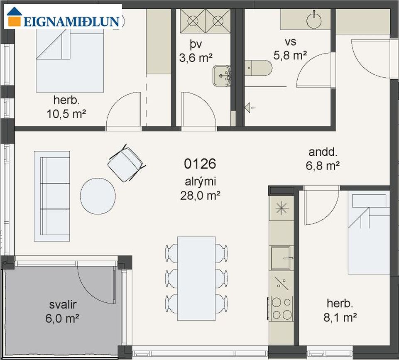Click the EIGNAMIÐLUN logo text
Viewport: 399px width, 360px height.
(x=71, y=22)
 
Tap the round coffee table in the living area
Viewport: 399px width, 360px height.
(x=98, y=196)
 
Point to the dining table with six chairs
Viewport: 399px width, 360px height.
(x=196, y=279)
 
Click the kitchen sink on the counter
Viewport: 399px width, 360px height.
(x=281, y=258)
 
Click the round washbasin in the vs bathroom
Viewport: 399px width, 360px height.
(x=315, y=20)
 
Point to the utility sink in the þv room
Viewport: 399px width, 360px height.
(x=221, y=76)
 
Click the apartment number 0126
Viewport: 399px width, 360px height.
(x=200, y=164)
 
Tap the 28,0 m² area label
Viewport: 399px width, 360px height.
(x=200, y=196)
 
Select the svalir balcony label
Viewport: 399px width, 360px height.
(x=63, y=304)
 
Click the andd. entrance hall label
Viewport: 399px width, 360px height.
(x=323, y=152)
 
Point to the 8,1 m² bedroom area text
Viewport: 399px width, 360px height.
(x=340, y=317)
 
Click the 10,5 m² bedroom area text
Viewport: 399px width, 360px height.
(x=66, y=114)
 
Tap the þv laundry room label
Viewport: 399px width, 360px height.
(x=196, y=45)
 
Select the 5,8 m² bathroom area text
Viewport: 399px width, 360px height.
(x=290, y=55)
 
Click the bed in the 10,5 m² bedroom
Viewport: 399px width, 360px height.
(x=70, y=61)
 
